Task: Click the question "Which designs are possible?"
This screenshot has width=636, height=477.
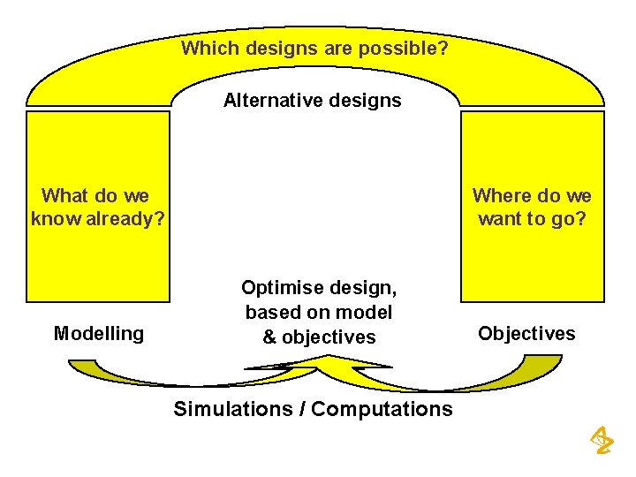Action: pos(314,48)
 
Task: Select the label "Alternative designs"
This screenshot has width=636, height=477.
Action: pos(312,100)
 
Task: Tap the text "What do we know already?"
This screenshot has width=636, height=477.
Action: pos(97,207)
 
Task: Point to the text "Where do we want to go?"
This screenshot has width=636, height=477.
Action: pos(532,207)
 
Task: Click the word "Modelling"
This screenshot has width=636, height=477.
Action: pos(98,333)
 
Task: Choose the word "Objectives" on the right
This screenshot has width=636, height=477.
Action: pos(526,333)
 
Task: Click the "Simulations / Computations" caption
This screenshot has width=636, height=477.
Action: pos(313,409)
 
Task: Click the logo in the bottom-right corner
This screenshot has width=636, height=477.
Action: pos(602,439)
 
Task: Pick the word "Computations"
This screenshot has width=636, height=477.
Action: pos(382,409)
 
